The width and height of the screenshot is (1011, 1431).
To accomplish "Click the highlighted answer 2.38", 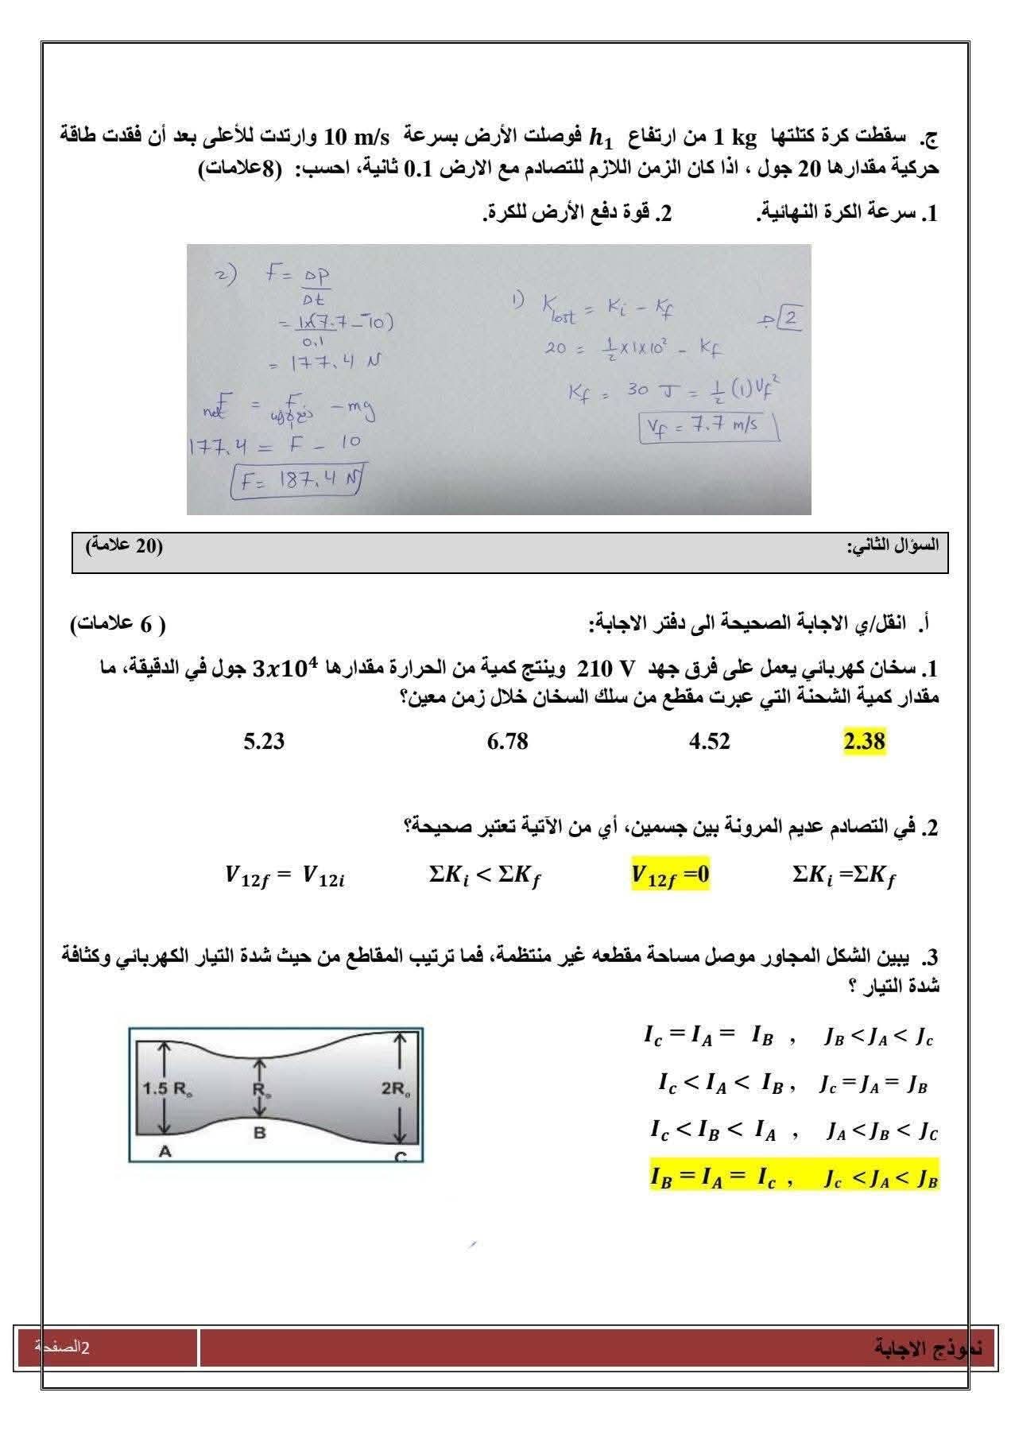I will (x=864, y=742).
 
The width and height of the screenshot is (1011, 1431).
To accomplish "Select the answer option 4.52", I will (x=709, y=742).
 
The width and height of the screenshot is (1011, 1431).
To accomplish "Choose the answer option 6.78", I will (x=507, y=742).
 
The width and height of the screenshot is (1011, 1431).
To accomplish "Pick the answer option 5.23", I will (x=264, y=742).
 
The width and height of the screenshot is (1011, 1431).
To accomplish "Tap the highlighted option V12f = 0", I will (x=670, y=875).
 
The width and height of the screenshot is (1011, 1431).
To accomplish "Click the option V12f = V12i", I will (x=285, y=877).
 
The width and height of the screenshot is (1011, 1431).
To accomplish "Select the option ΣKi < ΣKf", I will (x=485, y=876).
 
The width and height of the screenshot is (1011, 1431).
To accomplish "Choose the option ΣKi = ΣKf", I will (x=844, y=876).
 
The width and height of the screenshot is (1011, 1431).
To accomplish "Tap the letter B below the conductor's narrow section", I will (x=259, y=1133).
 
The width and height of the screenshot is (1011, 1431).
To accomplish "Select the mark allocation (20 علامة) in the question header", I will (x=124, y=545).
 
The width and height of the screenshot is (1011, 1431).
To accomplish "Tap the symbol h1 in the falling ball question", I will (x=601, y=138).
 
